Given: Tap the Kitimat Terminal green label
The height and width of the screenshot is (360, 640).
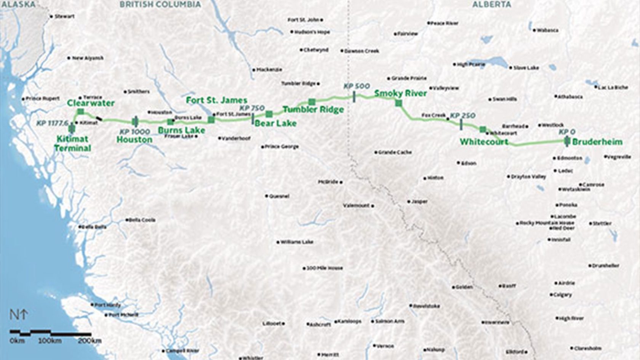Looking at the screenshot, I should [x=72, y=143].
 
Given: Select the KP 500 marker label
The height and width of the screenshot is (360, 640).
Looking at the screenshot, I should [x=357, y=86].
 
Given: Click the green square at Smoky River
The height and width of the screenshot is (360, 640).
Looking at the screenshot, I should [x=399, y=103].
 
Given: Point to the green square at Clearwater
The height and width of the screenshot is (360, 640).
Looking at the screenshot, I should [x=80, y=111].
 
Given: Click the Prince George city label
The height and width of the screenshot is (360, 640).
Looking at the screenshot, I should [x=282, y=147].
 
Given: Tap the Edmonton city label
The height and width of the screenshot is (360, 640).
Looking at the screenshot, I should [x=570, y=158].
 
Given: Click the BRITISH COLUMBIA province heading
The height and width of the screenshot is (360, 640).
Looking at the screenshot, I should [x=160, y=5].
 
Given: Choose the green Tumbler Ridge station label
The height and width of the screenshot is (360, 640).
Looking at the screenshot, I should [x=313, y=110].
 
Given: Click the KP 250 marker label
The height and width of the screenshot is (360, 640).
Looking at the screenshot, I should [x=462, y=115].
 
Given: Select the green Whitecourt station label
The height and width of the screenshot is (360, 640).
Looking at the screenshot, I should [x=484, y=142].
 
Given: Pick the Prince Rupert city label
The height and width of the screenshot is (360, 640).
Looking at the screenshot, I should [x=43, y=99].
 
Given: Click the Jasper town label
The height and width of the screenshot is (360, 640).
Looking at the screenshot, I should [x=419, y=202].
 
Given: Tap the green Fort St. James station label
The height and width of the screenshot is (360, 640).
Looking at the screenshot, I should [x=216, y=101].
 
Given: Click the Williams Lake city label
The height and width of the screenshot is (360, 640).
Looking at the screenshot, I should [x=297, y=242].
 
